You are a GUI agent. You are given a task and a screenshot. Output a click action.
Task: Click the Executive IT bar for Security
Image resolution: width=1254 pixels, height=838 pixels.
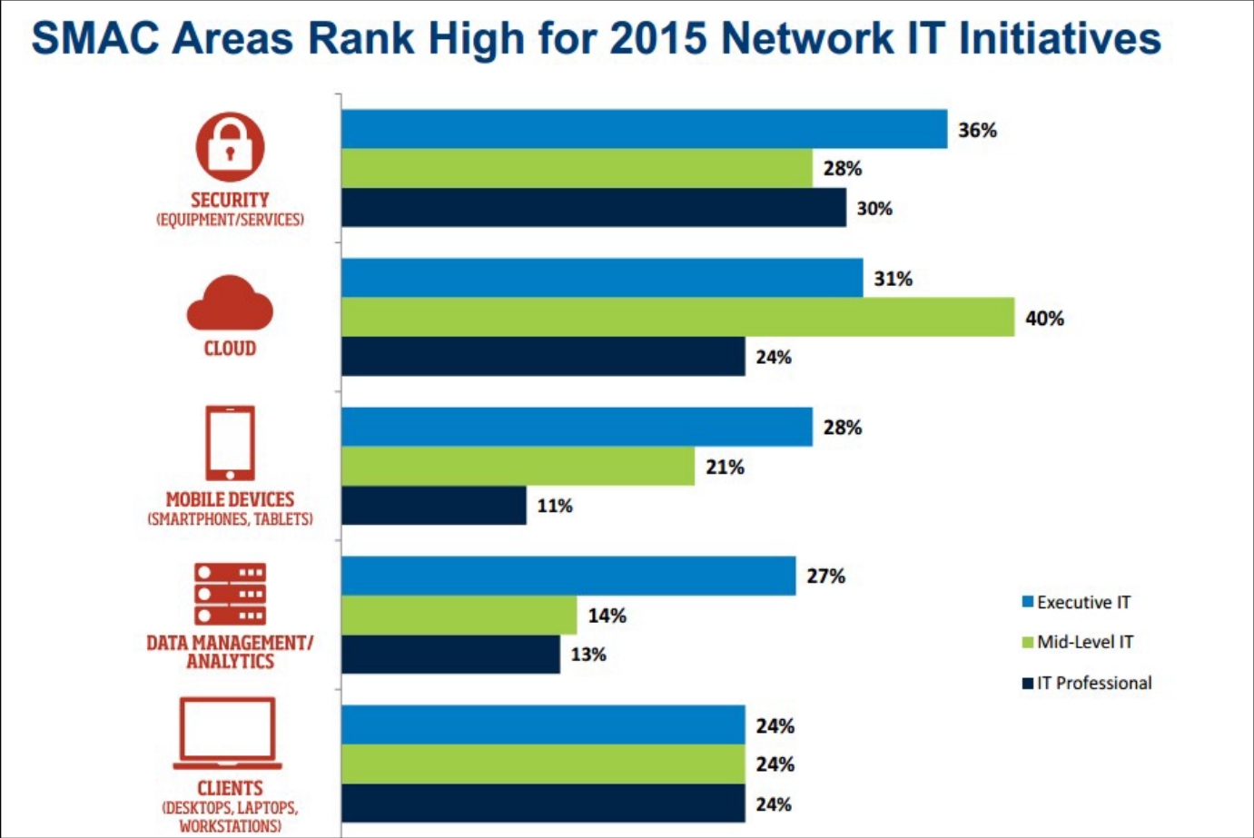coord(644,129)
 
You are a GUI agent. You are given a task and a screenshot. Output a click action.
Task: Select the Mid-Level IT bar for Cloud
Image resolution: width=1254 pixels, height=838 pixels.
coord(677,317)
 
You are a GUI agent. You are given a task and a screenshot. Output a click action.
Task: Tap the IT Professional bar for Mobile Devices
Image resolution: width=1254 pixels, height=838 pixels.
coord(434,506)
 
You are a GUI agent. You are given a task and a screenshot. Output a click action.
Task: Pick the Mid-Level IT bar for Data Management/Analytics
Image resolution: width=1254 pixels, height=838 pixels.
coord(459,615)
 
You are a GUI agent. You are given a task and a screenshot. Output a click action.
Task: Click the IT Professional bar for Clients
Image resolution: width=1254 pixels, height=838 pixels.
coord(543,803)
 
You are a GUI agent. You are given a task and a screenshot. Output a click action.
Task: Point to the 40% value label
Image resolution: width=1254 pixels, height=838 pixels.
coord(1044,319)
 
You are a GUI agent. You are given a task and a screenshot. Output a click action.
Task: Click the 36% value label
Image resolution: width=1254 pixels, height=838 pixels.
coord(977,131)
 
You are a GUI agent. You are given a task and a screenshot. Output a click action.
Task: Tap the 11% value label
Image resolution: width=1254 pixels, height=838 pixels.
coord(555,507)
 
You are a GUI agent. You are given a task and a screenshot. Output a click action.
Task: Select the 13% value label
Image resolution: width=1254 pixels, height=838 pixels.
coord(588,655)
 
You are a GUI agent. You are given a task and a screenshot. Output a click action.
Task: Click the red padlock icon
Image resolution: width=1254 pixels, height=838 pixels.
coord(230,147)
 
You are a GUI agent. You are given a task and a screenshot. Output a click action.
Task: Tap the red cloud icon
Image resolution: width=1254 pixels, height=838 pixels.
coord(230,303)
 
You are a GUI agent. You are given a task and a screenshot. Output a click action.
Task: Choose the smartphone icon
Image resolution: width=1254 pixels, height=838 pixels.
coord(230,443)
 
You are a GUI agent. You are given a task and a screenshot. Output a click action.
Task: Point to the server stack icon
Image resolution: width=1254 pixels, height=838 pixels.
coord(230,594)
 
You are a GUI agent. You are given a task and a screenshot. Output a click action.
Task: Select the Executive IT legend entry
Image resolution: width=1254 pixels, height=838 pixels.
coord(1077,603)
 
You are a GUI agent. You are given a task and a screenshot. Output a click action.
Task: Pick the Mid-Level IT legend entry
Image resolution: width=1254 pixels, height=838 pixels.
coord(1078,642)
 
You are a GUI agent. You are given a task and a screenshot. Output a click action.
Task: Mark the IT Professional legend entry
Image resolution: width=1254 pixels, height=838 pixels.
coord(1087,683)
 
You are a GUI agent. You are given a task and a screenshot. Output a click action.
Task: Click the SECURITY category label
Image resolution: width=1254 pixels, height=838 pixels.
coord(230,200)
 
